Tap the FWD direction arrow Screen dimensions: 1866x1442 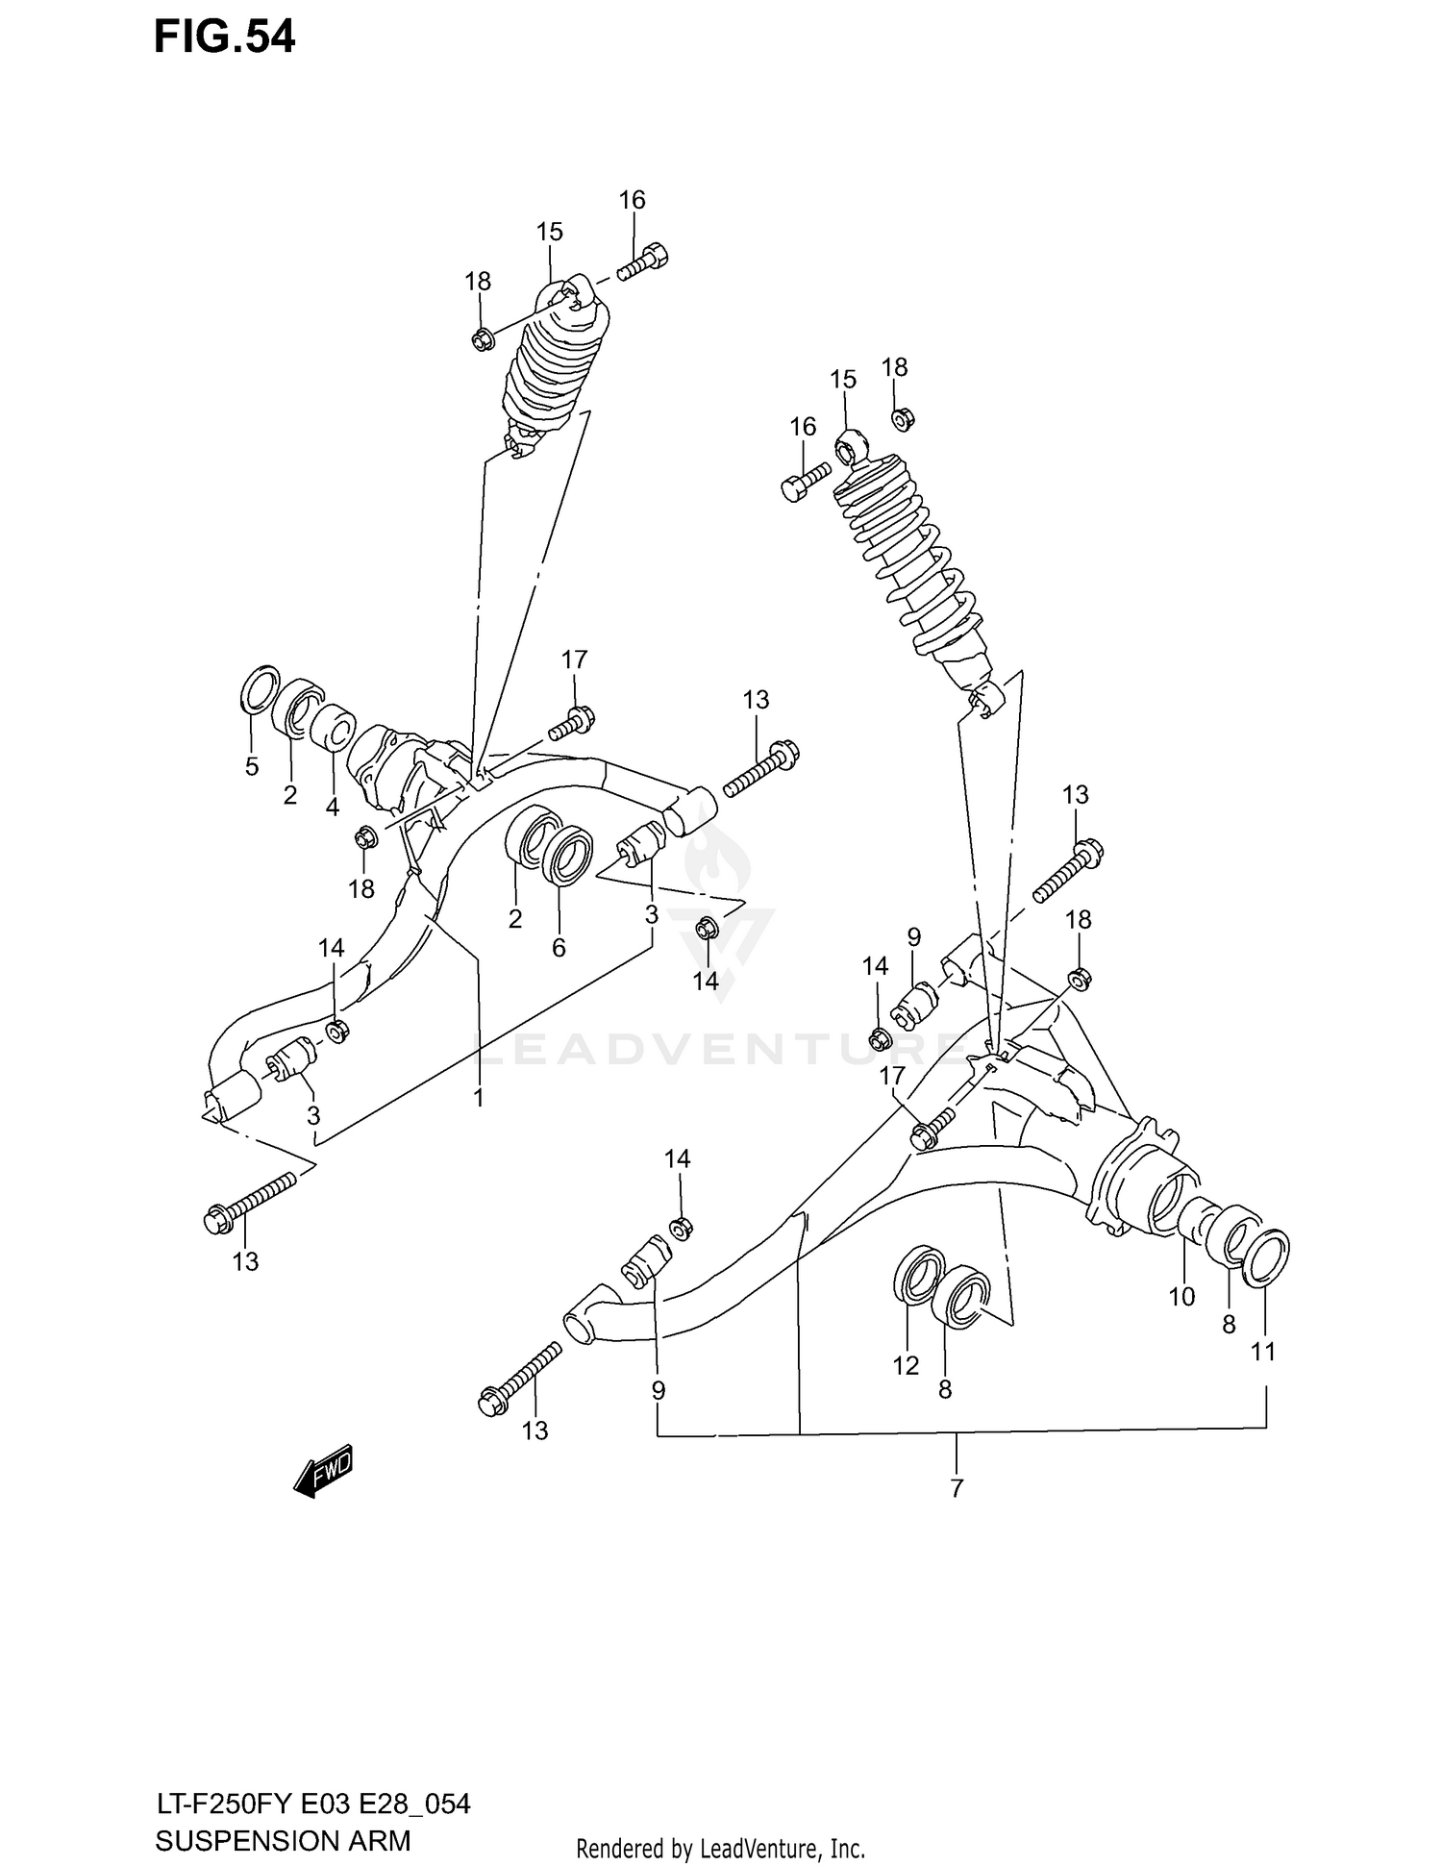click(x=324, y=1470)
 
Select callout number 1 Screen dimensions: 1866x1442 click(x=478, y=1097)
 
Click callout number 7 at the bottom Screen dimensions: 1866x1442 click(x=956, y=1489)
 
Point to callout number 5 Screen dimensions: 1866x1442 click(x=251, y=766)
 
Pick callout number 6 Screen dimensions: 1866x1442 click(x=559, y=947)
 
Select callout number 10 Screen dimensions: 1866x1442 click(x=1181, y=1296)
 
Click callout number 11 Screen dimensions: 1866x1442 click(x=1262, y=1351)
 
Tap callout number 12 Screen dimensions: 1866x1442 click(x=906, y=1365)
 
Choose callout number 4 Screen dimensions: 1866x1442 click(x=332, y=807)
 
